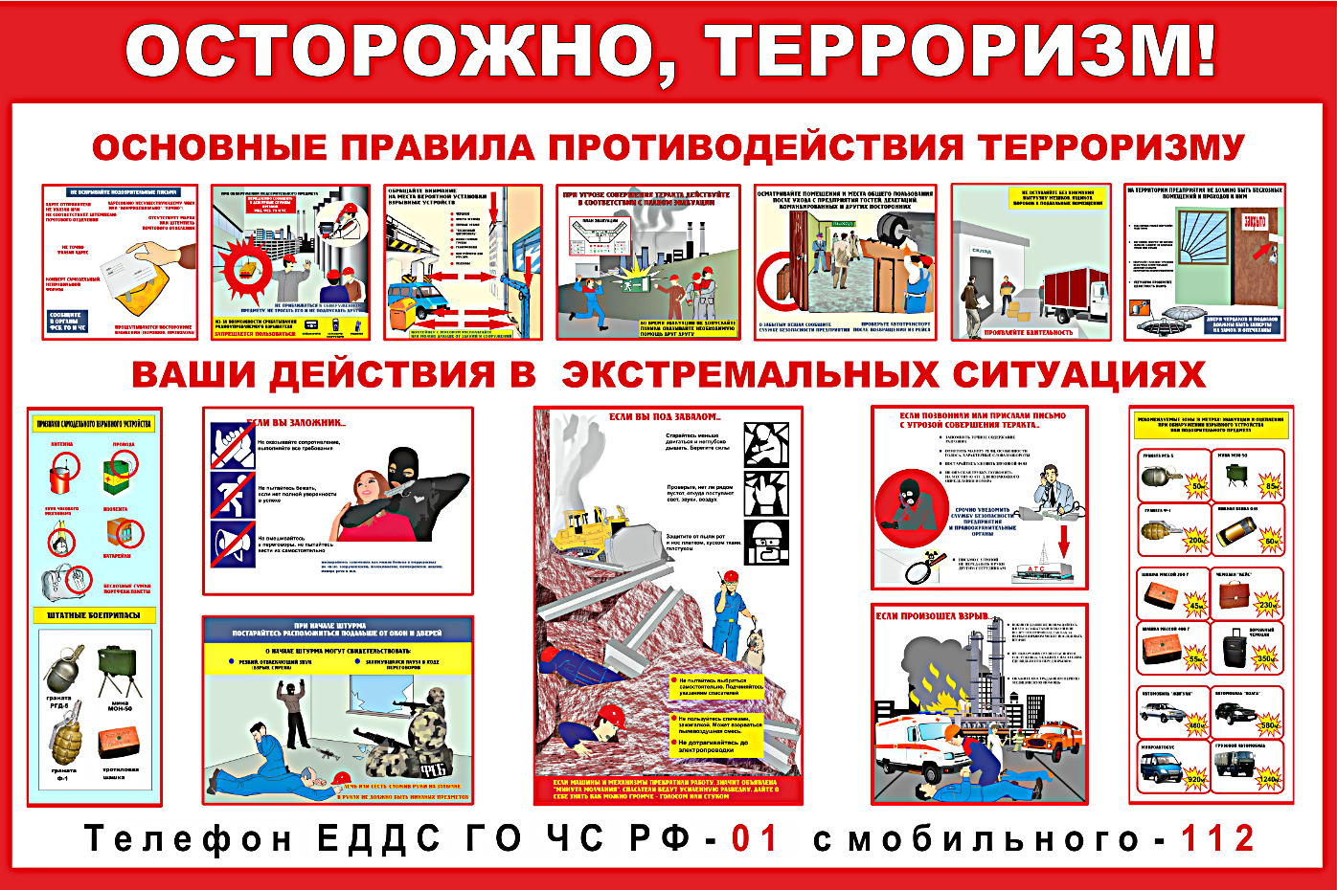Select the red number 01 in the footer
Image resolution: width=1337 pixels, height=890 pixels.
(756, 839)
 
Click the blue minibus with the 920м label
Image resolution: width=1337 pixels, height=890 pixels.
(1162, 766)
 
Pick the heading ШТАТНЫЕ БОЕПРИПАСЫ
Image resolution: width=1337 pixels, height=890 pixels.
(94, 614)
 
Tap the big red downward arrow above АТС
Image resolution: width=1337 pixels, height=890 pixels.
(1062, 541)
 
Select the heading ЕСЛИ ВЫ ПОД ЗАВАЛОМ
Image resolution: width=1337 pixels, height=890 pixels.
(666, 417)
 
